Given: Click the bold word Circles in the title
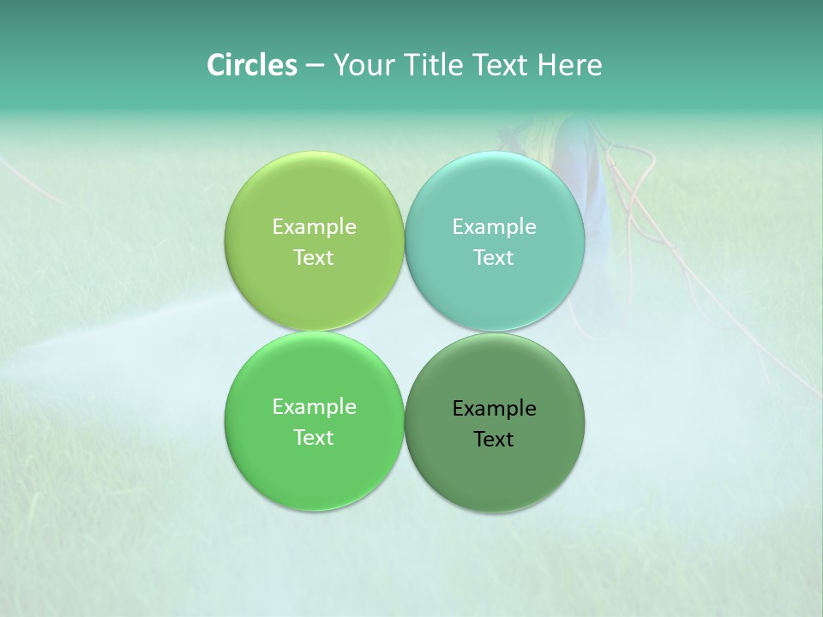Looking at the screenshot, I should (251, 65).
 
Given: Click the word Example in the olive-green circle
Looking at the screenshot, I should (314, 226).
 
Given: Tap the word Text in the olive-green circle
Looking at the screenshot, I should (314, 257).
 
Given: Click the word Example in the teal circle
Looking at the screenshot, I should (494, 226).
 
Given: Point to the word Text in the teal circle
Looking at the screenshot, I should (494, 257).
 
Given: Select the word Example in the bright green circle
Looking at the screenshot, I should (314, 406).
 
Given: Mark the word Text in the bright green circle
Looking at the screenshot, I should (314, 437).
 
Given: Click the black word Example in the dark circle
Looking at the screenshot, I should (494, 408).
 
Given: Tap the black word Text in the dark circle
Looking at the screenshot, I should (494, 439).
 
